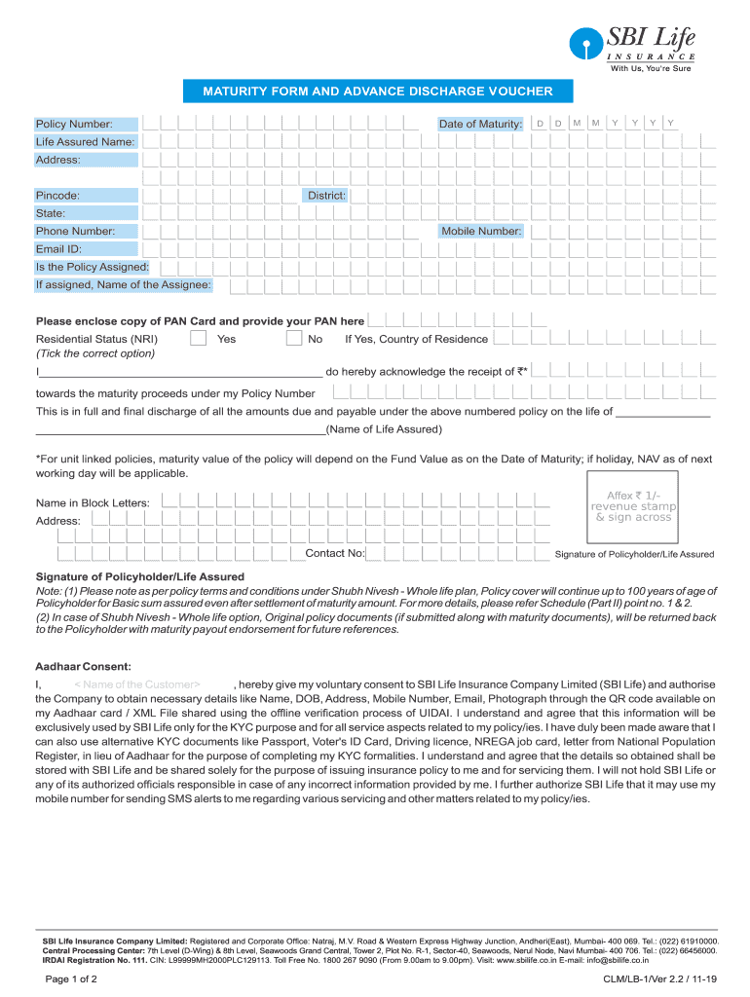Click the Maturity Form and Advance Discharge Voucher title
[x=377, y=92]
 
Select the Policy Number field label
[x=74, y=125]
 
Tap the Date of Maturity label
[x=480, y=125]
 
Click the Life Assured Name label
[x=85, y=142]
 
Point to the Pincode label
[x=58, y=196]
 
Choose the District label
[x=326, y=196]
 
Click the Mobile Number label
[x=481, y=232]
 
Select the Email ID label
[x=58, y=249]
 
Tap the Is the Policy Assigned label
[x=93, y=267]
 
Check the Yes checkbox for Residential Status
[x=198, y=339]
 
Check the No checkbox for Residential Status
[x=294, y=339]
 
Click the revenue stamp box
[x=633, y=506]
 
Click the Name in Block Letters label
[x=93, y=502]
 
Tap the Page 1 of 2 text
[x=71, y=979]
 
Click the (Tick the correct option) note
[x=95, y=353]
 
